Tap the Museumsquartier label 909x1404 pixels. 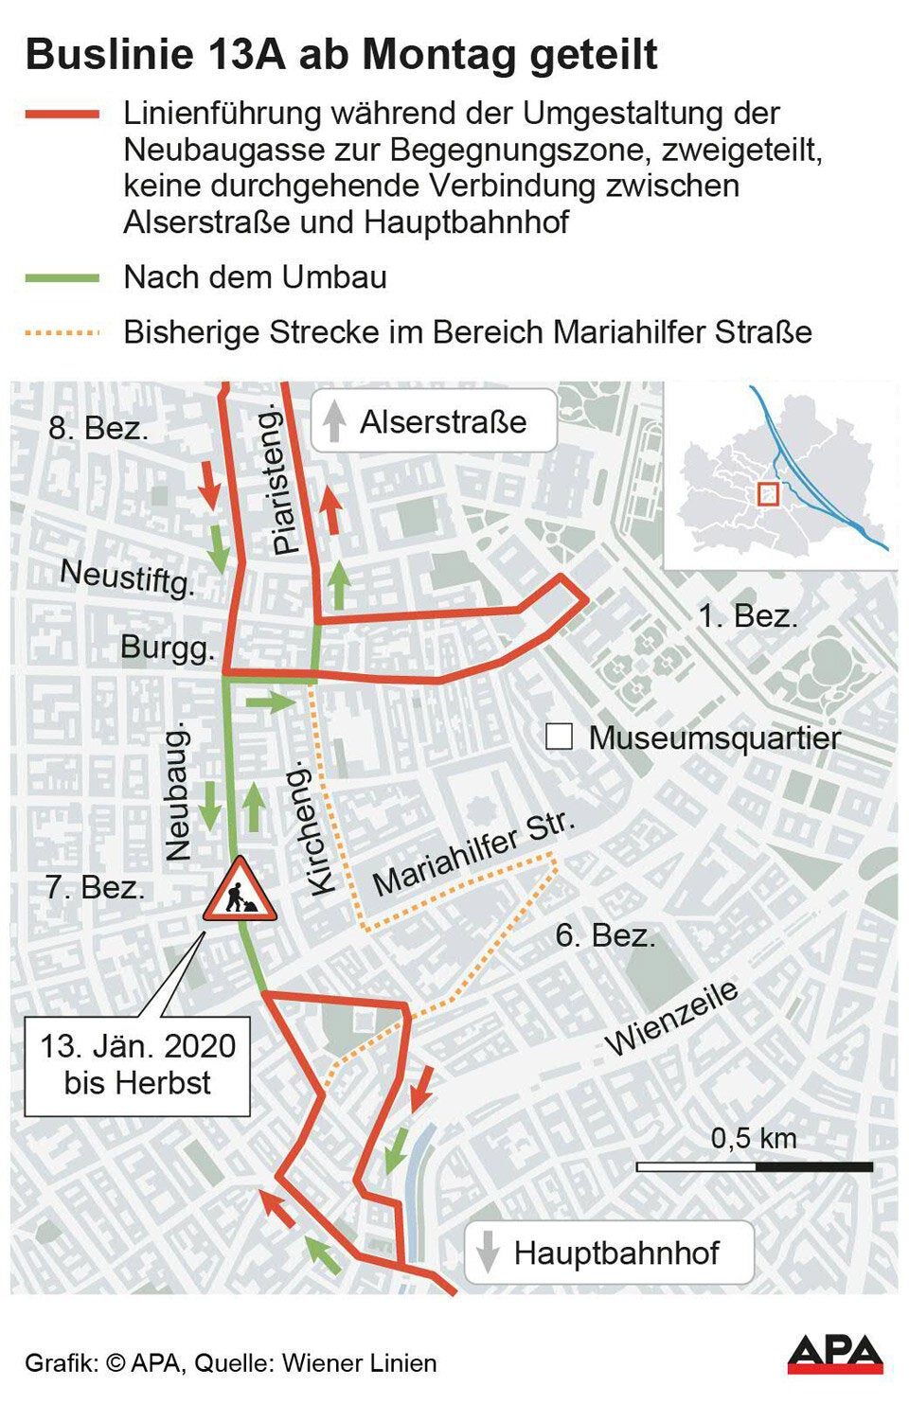tap(714, 738)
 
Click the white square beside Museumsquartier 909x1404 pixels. tap(559, 737)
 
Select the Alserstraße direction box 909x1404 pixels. tap(434, 421)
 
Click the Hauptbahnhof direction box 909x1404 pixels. tap(609, 1253)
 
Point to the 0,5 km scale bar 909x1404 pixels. tap(754, 1166)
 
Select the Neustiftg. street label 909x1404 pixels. tap(128, 576)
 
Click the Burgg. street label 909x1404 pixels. tap(168, 649)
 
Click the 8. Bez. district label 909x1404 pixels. tap(98, 428)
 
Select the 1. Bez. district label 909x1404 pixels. tap(747, 616)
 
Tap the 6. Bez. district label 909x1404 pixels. tap(605, 935)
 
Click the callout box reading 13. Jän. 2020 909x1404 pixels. tap(137, 1065)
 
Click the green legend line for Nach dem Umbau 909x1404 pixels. tap(62, 278)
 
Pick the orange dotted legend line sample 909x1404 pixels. tap(62, 332)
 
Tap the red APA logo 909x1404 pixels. tap(834, 1354)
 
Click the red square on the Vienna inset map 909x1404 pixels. tap(768, 493)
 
